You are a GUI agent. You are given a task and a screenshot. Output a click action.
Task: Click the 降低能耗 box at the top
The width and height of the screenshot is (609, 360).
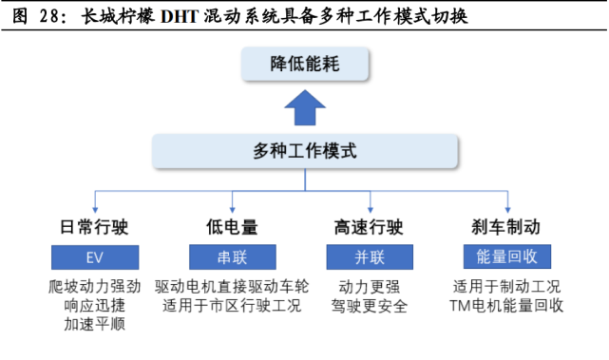pos(303,66)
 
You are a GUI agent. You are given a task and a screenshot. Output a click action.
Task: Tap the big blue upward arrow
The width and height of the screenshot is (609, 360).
pos(304,108)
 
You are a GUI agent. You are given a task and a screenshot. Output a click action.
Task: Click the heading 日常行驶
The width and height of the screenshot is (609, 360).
pos(94,227)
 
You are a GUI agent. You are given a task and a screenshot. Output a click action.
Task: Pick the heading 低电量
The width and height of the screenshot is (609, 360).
pos(232,227)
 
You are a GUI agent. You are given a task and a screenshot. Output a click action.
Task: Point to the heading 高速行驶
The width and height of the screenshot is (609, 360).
pos(370,227)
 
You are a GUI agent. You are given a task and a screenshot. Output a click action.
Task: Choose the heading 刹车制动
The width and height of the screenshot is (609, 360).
pos(506,227)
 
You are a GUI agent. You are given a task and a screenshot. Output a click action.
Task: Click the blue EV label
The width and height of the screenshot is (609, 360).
pos(94,256)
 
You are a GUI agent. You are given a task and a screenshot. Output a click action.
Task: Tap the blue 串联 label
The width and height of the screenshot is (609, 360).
pos(232,256)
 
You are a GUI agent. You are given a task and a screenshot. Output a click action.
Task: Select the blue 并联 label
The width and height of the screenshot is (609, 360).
pos(370,256)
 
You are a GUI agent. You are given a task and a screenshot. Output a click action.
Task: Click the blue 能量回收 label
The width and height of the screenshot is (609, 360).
pos(506,256)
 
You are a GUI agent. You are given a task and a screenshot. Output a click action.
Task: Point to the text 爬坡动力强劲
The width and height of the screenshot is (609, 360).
pos(94,286)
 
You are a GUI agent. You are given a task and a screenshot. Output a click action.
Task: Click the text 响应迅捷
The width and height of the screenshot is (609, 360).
pos(94,305)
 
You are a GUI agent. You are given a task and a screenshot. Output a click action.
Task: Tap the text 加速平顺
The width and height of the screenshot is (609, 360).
pos(94,324)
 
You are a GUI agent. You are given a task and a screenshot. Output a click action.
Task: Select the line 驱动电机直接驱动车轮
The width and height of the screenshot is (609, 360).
pos(232,286)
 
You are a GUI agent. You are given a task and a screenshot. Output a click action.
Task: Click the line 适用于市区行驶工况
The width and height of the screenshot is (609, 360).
pos(232,305)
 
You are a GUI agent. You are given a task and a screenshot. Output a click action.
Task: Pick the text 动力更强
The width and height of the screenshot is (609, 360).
pos(370,286)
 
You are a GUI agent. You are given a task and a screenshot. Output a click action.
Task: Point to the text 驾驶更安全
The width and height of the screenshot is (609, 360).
pos(370,305)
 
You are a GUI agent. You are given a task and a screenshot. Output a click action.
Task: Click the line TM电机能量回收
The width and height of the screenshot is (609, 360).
pos(506,305)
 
